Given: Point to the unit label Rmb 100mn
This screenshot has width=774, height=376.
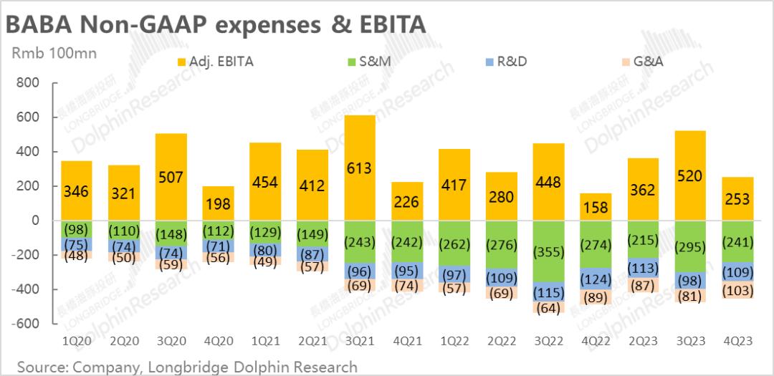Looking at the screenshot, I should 54,54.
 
